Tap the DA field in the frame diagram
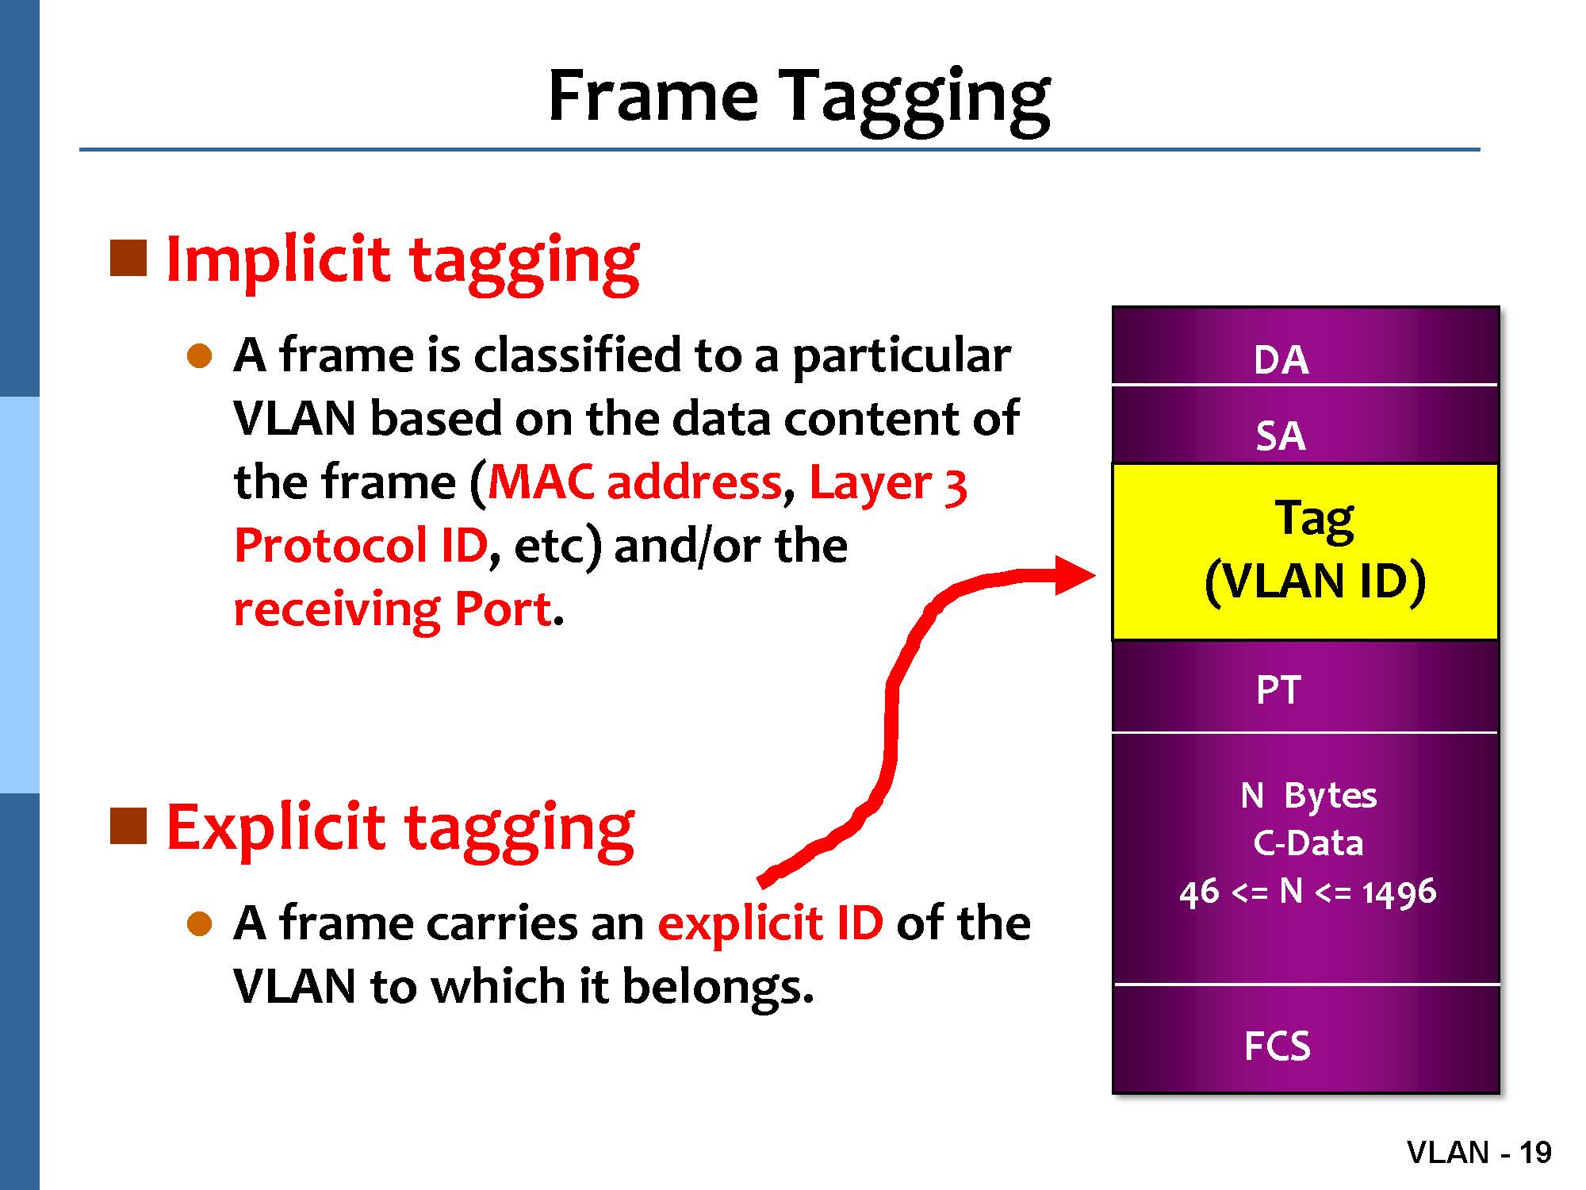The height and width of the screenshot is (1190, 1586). click(x=1305, y=346)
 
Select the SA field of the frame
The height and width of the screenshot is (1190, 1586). click(x=1305, y=424)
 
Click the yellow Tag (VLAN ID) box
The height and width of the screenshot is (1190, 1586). click(x=1305, y=551)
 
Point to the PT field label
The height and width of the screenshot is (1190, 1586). click(x=1278, y=690)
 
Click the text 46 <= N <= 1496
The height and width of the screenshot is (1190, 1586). click(x=1308, y=892)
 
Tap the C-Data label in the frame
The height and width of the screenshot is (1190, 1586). click(x=1308, y=843)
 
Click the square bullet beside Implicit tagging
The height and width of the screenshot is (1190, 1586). click(x=128, y=258)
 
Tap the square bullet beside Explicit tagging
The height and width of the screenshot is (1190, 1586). click(x=128, y=826)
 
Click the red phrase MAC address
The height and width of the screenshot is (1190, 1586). click(x=635, y=482)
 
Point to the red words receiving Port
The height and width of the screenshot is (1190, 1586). click(x=393, y=610)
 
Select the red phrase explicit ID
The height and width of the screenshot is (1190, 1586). click(x=771, y=923)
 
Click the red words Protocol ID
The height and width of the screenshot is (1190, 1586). click(x=360, y=546)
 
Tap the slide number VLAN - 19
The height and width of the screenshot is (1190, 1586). click(x=1479, y=1152)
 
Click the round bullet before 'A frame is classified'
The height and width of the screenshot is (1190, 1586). click(x=200, y=356)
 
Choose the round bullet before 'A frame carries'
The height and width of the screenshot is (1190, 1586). click(x=200, y=924)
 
